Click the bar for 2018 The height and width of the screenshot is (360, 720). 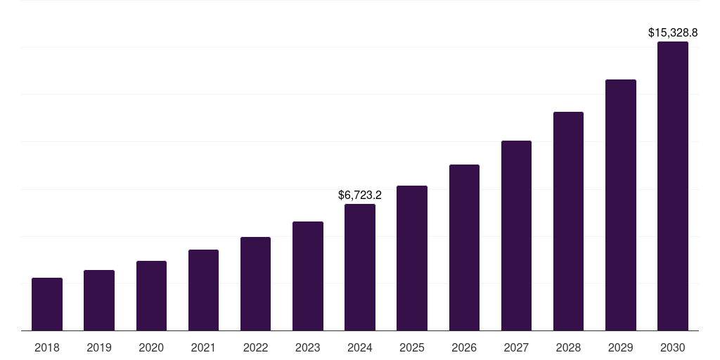pyautogui.click(x=47, y=304)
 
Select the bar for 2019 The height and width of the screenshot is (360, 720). pyautogui.click(x=99, y=300)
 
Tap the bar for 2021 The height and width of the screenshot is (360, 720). pyautogui.click(x=203, y=290)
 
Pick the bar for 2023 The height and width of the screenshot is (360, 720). pyautogui.click(x=308, y=276)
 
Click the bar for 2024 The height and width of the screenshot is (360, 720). pyautogui.click(x=360, y=267)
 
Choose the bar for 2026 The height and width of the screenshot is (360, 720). pyautogui.click(x=464, y=247)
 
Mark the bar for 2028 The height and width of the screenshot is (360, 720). pyautogui.click(x=568, y=221)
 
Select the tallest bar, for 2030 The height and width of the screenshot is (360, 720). pyautogui.click(x=673, y=186)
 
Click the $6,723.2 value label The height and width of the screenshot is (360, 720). pyautogui.click(x=360, y=195)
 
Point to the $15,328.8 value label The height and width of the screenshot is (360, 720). pyautogui.click(x=673, y=32)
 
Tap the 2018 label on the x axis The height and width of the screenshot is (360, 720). pyautogui.click(x=47, y=347)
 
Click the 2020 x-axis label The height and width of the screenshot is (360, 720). pyautogui.click(x=151, y=347)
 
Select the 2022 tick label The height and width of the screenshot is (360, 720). pyautogui.click(x=255, y=347)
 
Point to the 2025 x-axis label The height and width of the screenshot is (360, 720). pyautogui.click(x=412, y=347)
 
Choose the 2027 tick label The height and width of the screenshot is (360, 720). pyautogui.click(x=516, y=347)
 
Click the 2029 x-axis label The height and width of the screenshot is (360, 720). pyautogui.click(x=621, y=347)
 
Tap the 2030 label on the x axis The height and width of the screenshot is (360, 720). pyautogui.click(x=673, y=347)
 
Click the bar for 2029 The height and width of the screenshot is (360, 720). pyautogui.click(x=621, y=205)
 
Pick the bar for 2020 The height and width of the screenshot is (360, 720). pyautogui.click(x=151, y=295)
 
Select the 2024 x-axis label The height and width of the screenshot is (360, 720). pyautogui.click(x=360, y=347)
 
